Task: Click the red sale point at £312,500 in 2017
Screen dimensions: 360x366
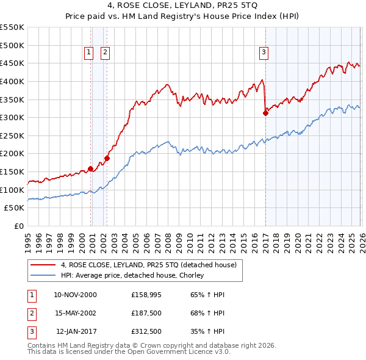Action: point(266,113)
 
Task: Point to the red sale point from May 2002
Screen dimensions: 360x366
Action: point(107,158)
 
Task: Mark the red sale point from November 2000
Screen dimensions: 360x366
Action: point(91,168)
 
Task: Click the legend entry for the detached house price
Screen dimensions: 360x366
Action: point(152,264)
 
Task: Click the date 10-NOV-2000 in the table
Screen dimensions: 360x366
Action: point(75,295)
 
